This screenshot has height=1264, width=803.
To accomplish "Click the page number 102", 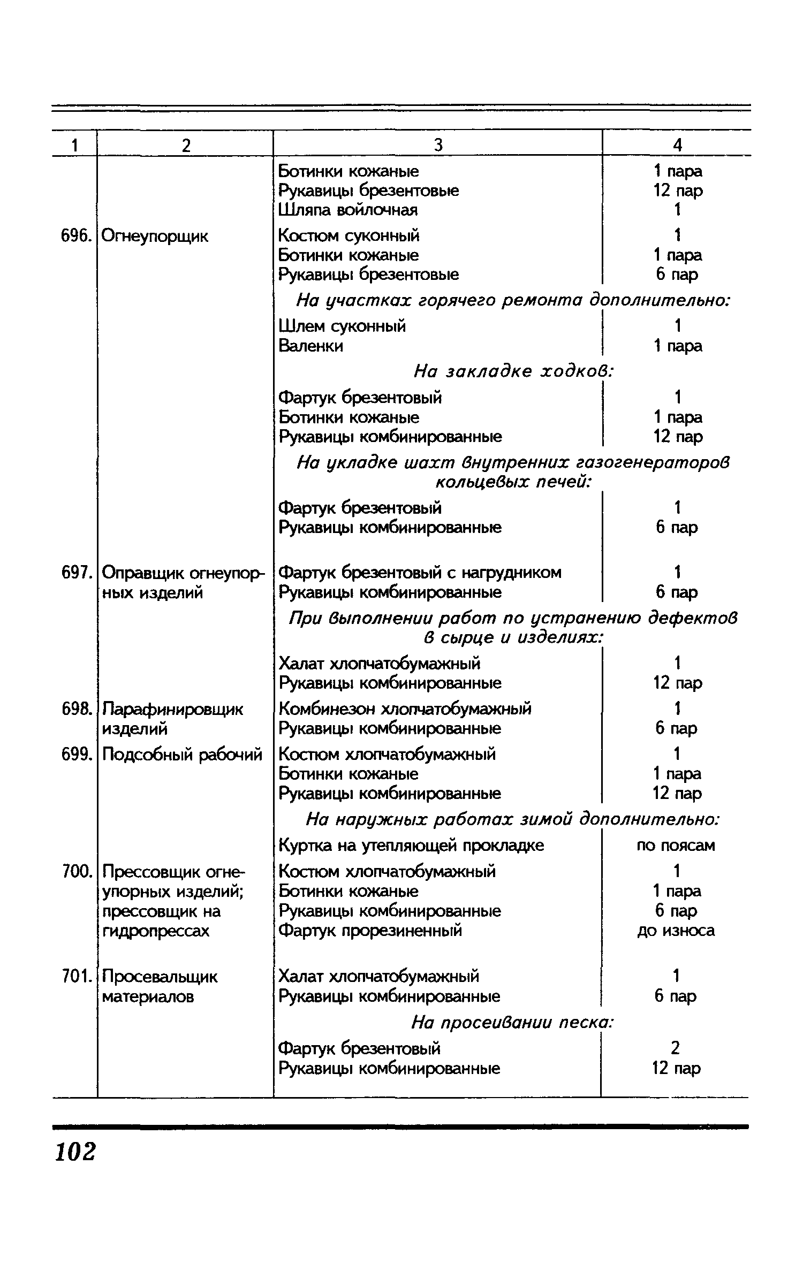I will (x=75, y=1152).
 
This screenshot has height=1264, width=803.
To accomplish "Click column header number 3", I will (x=438, y=145).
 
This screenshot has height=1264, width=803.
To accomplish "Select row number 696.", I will (x=74, y=236).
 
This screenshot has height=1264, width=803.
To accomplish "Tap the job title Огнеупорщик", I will (x=155, y=236).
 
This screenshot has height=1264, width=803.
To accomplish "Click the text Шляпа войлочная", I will (x=348, y=210).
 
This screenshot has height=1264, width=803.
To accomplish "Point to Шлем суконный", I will (x=342, y=326).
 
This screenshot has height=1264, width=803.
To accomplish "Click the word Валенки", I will (x=311, y=346).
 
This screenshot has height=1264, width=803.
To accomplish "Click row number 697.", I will (x=74, y=573).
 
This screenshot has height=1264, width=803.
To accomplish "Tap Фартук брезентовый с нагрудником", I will (x=420, y=573).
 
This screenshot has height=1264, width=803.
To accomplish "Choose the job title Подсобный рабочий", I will (x=182, y=755).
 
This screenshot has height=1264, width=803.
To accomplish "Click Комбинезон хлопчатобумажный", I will (x=405, y=709).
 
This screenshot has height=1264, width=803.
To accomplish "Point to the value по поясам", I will (x=676, y=846).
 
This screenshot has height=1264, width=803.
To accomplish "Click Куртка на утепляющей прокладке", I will (x=411, y=846).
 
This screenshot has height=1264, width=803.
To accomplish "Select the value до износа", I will (x=676, y=931).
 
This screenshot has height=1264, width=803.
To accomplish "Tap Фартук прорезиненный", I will (x=370, y=931).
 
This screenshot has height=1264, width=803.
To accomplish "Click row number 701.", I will (x=74, y=977).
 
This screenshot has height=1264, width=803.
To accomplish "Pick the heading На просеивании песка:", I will (x=512, y=1023).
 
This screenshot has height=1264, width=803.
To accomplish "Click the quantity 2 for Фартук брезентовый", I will (x=676, y=1048).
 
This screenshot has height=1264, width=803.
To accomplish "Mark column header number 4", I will (x=677, y=145).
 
